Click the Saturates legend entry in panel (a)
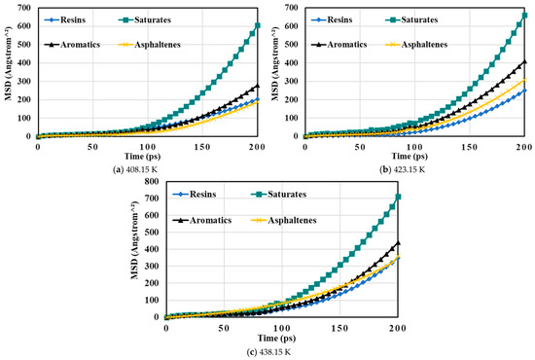[145, 19]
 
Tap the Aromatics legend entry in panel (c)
[202, 220]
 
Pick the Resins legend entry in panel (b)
[332, 19]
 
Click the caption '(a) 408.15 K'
[135, 169]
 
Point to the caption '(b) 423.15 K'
[403, 169]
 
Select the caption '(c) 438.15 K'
[268, 352]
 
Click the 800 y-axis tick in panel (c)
[152, 181]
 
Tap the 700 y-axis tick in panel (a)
[26, 8]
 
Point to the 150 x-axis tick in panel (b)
[470, 147]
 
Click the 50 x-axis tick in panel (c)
[224, 328]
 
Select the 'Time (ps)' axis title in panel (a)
[142, 157]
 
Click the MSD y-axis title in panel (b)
[275, 63]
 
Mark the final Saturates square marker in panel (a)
[257, 25]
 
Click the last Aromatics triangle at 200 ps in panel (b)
[524, 61]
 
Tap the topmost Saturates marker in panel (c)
[398, 197]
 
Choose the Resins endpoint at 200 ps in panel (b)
[524, 90]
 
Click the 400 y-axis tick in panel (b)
[294, 63]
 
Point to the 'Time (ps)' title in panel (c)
[276, 339]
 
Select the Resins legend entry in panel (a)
[65, 19]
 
